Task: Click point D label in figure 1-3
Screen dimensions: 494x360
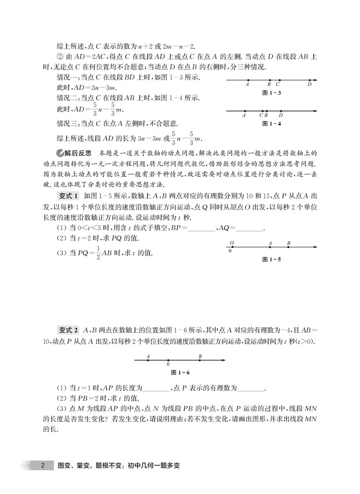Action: [309, 84]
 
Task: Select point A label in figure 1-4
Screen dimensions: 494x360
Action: [244, 115]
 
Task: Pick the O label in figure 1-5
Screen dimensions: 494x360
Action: [232, 243]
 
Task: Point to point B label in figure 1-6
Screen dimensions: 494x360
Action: [200, 355]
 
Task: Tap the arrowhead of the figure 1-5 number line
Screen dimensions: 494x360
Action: [314, 247]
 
